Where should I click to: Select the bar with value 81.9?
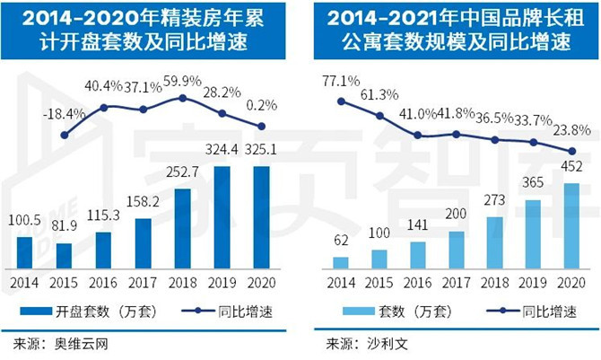(x=64, y=255)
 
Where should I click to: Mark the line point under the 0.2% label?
(x=261, y=127)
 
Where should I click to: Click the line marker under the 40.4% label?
(x=104, y=107)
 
